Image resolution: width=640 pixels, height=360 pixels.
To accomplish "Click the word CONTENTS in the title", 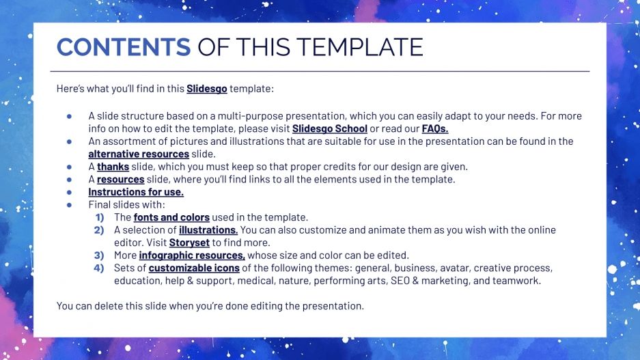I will pyautogui.click(x=124, y=46).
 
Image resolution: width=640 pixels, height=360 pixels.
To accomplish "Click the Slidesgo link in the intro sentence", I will pyautogui.click(x=206, y=89).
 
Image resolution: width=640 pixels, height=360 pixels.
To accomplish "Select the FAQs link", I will pyautogui.click(x=435, y=128).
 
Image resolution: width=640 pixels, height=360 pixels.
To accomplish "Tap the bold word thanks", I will pyautogui.click(x=113, y=167).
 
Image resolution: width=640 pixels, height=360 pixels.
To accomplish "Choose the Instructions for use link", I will pyautogui.click(x=136, y=192).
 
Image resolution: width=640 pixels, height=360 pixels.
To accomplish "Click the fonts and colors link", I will pyautogui.click(x=171, y=217).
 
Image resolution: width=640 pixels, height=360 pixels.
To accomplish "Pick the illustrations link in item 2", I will pyautogui.click(x=208, y=230).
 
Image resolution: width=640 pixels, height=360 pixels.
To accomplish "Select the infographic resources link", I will pyautogui.click(x=192, y=255).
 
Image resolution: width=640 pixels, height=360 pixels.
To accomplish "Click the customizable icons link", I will pyautogui.click(x=189, y=268).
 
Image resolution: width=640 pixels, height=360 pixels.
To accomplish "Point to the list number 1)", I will pyautogui.click(x=99, y=217).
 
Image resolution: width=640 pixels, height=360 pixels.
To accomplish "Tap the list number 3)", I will pyautogui.click(x=99, y=255).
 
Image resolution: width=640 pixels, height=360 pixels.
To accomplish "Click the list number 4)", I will pyautogui.click(x=99, y=268).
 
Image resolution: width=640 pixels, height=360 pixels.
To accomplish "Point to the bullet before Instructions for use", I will pyautogui.click(x=70, y=192).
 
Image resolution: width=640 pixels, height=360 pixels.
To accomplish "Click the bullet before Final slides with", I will pyautogui.click(x=70, y=204).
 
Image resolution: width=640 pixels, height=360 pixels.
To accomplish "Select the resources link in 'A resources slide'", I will pyautogui.click(x=120, y=179).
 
